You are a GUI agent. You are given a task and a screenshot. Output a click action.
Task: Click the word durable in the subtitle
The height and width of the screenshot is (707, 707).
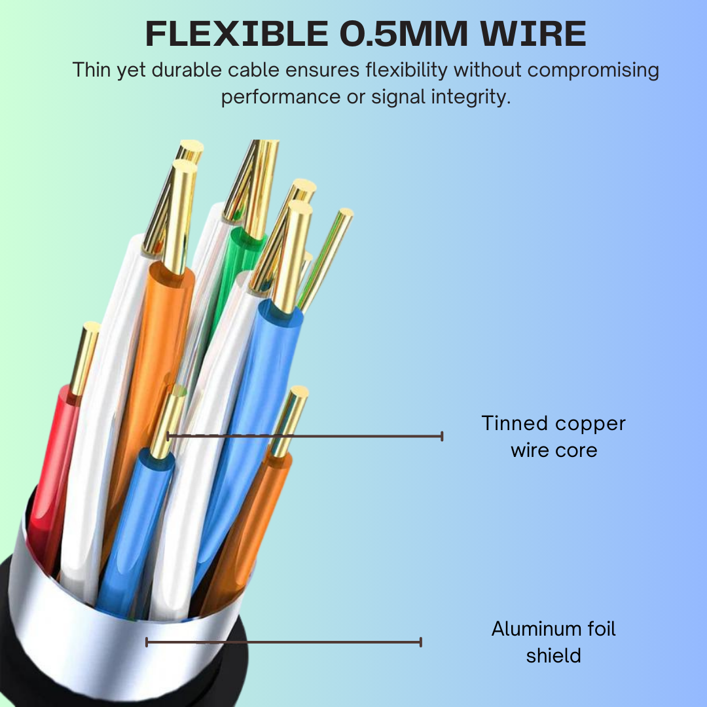point(189,69)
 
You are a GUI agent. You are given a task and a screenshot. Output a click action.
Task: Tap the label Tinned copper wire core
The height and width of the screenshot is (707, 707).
point(554,437)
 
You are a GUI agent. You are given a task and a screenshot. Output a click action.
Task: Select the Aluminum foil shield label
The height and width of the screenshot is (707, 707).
point(554,642)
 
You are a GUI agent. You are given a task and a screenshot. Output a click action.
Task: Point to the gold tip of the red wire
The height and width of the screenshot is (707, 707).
point(85,357)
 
